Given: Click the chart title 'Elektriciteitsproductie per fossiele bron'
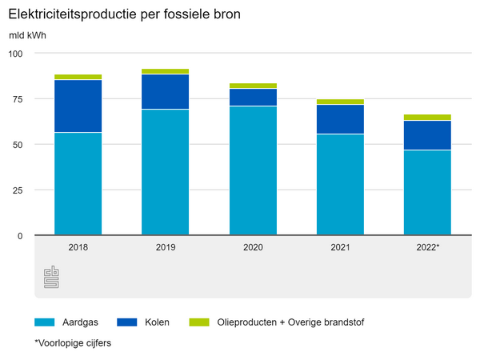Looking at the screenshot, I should [x=124, y=15].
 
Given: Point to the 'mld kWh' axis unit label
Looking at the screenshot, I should [x=27, y=36].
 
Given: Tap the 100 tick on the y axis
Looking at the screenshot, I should [x=17, y=53].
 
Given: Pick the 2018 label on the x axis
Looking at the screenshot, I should [x=78, y=247].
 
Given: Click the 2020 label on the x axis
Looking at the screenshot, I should [x=253, y=247].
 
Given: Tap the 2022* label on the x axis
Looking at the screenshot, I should [x=427, y=247].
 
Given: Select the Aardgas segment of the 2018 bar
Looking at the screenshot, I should [x=78, y=184].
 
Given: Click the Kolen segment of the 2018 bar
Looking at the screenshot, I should [x=78, y=106].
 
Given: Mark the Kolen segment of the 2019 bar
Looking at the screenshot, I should [x=166, y=91].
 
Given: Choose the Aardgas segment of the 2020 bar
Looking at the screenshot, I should [x=253, y=170].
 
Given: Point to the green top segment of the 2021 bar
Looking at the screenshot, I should [x=340, y=102].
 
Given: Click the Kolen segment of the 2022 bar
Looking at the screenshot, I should [x=427, y=135].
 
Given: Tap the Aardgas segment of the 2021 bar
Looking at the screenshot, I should [x=340, y=185].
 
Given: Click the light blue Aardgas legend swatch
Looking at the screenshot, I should [x=44, y=322].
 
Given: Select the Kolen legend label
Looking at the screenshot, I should [x=158, y=322].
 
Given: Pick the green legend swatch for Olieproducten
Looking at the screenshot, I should [x=198, y=322].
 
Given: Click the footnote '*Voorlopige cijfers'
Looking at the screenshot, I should [x=72, y=343].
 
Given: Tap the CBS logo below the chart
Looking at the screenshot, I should [x=51, y=278].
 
